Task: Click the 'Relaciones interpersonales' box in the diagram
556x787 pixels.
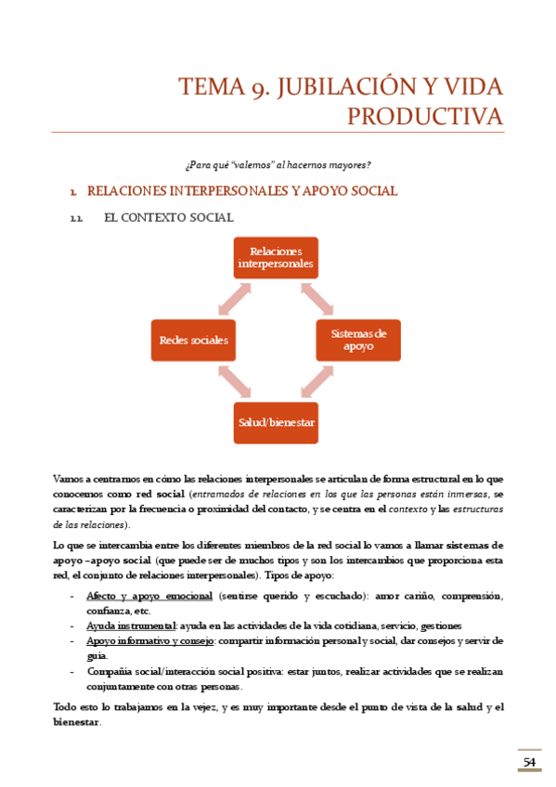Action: (x=275, y=257)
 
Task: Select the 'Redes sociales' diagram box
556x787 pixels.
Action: (x=193, y=340)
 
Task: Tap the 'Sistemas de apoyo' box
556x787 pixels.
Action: (x=358, y=340)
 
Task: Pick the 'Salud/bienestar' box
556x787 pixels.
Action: (x=275, y=422)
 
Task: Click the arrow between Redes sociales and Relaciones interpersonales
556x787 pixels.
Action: (x=233, y=299)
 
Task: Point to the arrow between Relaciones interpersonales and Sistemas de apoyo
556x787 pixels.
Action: (x=317, y=299)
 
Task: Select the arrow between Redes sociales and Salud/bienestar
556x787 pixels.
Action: (x=233, y=381)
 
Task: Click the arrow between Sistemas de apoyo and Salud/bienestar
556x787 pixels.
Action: (x=317, y=381)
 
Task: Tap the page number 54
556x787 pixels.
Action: (x=529, y=762)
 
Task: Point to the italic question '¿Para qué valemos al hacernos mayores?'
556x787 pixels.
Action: (x=278, y=165)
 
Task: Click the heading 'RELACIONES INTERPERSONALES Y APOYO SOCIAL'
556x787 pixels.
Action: (x=241, y=191)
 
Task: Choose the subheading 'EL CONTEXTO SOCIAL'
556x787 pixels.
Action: (x=168, y=217)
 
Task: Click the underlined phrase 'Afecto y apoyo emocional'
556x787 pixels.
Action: (x=148, y=596)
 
